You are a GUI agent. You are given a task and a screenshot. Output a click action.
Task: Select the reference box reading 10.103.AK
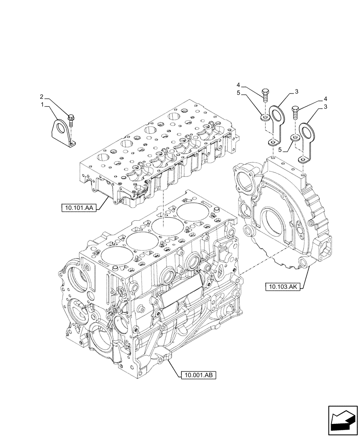tap(281, 287)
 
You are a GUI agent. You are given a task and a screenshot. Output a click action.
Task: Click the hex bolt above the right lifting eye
tap(294, 111)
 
